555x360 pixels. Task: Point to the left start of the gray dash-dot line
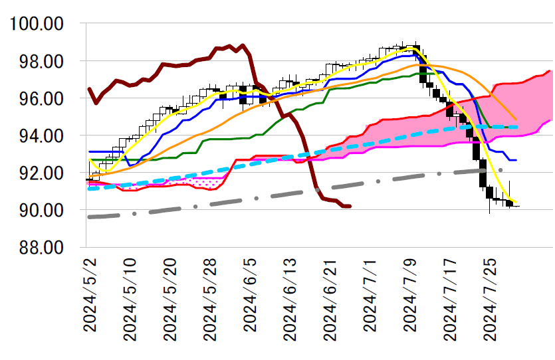pyautogui.click(x=88, y=217)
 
